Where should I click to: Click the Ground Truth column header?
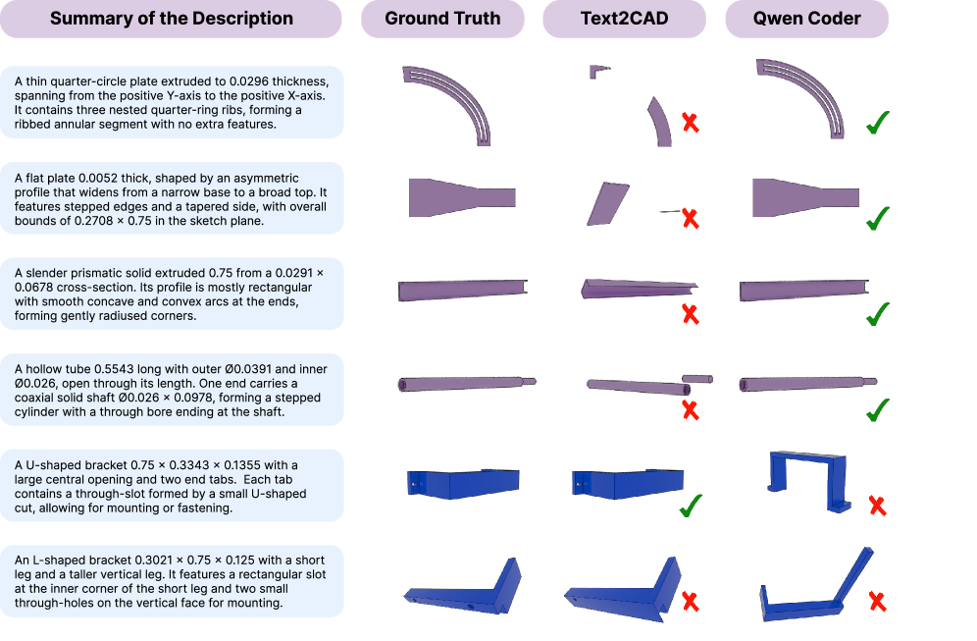pyautogui.click(x=442, y=19)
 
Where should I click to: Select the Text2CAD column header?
pyautogui.click(x=626, y=19)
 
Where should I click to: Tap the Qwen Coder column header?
pyautogui.click(x=806, y=19)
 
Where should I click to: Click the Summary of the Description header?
pyautogui.click(x=171, y=19)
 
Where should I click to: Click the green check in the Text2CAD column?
pyautogui.click(x=691, y=507)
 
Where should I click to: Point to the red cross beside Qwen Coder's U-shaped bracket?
pyautogui.click(x=878, y=507)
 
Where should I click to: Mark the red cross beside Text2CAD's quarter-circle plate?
pyautogui.click(x=691, y=123)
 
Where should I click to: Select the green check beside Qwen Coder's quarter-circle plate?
pyautogui.click(x=878, y=124)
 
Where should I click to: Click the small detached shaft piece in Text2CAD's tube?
pyautogui.click(x=697, y=378)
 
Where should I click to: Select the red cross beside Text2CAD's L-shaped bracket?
pyautogui.click(x=691, y=601)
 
